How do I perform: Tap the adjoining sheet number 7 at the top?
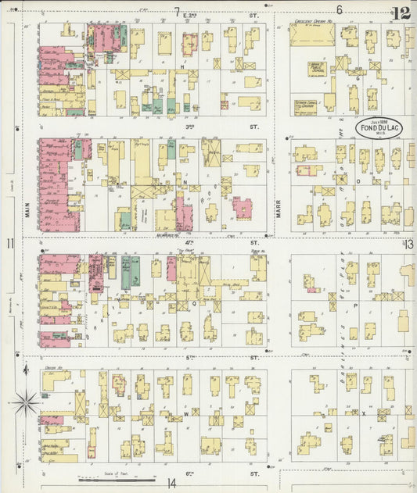coord(177,10)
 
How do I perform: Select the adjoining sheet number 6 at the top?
coord(339,10)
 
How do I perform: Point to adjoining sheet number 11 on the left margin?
coord(10,245)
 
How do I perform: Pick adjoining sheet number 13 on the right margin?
coord(408,245)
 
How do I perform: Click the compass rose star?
coord(26,402)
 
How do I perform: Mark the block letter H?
coord(182,68)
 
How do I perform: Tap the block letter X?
coord(364,413)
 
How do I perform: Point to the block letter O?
coord(358,180)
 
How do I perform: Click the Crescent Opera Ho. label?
coord(313,21)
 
